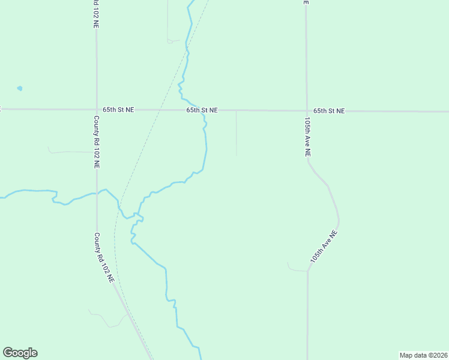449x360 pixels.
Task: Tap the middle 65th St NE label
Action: [x=202, y=110]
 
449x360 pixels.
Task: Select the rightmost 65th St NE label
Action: [x=330, y=111]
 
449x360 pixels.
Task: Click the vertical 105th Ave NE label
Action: [x=307, y=137]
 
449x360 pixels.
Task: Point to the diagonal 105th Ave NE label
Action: [x=325, y=247]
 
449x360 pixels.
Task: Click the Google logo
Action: [x=20, y=353]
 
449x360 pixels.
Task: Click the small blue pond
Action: [x=20, y=88]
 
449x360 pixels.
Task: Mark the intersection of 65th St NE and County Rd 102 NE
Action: [x=96, y=110]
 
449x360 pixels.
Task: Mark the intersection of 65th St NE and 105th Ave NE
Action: [x=306, y=111]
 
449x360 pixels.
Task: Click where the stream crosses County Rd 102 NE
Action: [x=97, y=193]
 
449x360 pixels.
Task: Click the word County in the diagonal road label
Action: [x=98, y=242]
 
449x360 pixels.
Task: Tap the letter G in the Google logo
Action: [x=8, y=353]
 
